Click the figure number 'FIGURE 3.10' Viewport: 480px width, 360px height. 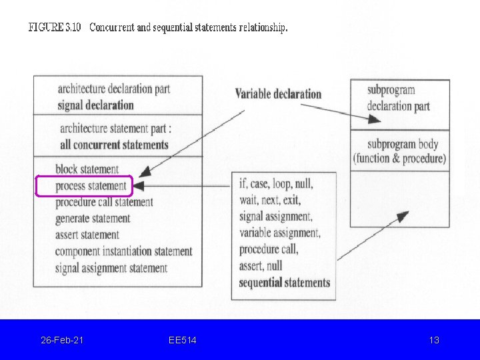coord(55,28)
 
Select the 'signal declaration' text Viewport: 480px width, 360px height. coord(95,105)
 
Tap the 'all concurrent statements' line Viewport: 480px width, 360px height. coord(114,145)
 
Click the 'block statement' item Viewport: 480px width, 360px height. coord(87,169)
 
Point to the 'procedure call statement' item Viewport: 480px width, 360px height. coord(104,202)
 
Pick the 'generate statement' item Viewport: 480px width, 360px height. coord(93,218)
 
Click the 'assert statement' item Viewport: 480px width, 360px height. coord(87,235)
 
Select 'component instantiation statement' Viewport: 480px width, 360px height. coord(123,251)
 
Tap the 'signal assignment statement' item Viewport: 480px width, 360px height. coord(111,268)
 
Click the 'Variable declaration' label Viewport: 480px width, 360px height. coord(278,94)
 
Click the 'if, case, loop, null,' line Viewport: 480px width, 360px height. coord(276,183)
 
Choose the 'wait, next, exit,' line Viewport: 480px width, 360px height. coord(270,200)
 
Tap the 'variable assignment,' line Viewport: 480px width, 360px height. coord(280,233)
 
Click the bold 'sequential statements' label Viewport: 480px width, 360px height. coord(285,282)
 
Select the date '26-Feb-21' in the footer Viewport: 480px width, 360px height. coord(62,340)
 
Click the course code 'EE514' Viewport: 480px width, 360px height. coord(183,340)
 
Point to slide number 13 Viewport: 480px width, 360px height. coord(434,340)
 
